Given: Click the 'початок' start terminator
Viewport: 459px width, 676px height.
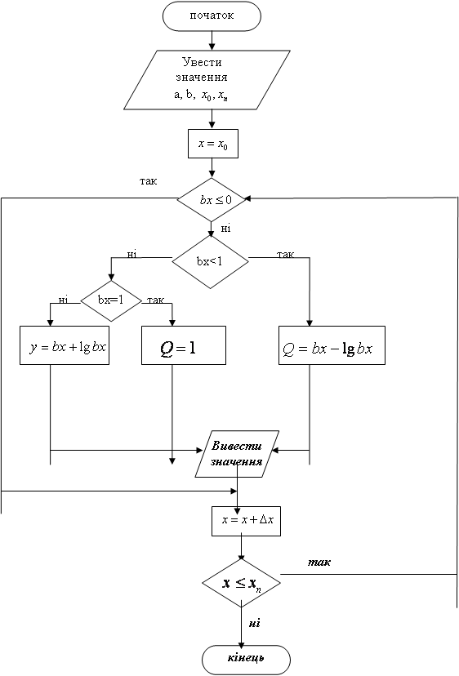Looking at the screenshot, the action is click(212, 16).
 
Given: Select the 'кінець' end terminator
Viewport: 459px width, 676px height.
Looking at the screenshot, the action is click(247, 660).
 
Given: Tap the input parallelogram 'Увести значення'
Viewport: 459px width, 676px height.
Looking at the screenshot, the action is click(207, 80).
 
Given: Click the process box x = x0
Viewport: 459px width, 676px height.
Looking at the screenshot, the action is click(213, 144).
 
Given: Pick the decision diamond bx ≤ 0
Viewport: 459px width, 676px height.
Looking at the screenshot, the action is click(212, 199).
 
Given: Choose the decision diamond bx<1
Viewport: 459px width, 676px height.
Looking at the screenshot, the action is click(211, 262).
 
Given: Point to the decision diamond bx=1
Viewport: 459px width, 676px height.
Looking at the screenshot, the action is click(111, 300).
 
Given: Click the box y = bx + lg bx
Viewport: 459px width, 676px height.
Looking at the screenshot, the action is click(65, 345).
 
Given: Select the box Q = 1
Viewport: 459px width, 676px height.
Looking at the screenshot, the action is click(184, 345).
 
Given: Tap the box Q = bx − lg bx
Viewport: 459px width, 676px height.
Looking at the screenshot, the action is click(332, 345).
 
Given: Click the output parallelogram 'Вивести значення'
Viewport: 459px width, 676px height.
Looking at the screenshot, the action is click(238, 454).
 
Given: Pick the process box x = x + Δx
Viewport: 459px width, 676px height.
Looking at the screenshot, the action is click(247, 521).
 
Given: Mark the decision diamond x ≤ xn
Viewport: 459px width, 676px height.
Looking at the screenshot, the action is click(242, 583).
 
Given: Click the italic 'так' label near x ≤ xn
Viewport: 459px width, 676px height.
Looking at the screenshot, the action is click(319, 563).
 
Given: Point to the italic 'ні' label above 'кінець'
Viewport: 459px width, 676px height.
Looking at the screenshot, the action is click(255, 623).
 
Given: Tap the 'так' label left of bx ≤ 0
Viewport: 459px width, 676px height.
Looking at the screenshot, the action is click(149, 181).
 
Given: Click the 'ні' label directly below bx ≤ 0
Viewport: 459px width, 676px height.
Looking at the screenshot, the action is click(225, 228).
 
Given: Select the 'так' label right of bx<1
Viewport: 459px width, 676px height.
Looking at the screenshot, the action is click(285, 255).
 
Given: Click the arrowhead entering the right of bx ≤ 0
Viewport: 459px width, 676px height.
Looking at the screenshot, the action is click(247, 198).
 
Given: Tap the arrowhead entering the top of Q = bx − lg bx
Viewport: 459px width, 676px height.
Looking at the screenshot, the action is click(310, 323).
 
